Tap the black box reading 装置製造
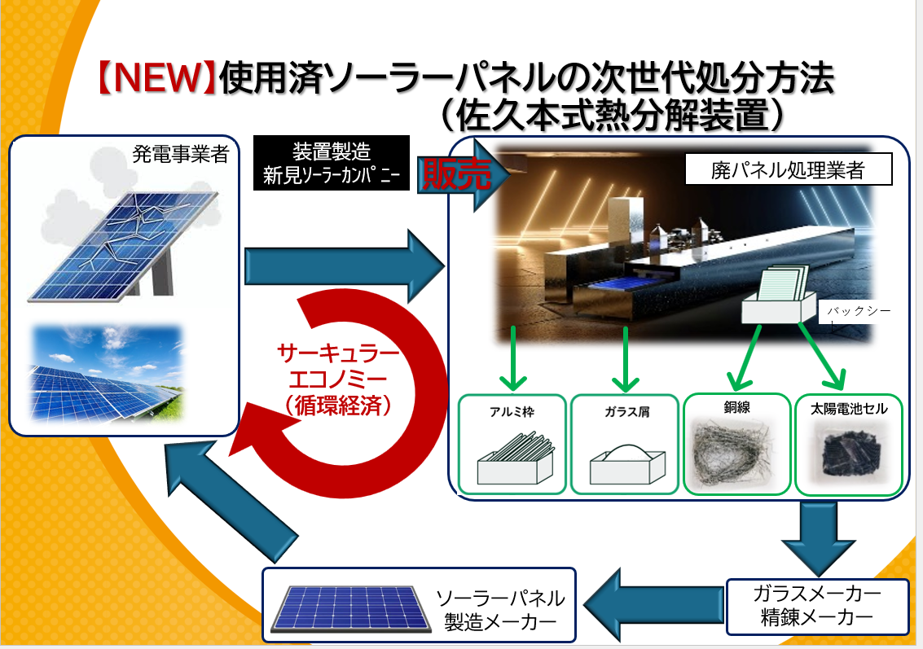[332, 163]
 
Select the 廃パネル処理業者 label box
[789, 169]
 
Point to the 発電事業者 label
[181, 155]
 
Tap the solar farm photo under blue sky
[108, 372]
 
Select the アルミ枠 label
[512, 412]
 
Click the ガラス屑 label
[627, 412]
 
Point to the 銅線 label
[737, 407]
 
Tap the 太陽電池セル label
[849, 408]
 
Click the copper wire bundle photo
[736, 453]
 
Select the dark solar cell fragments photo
[848, 453]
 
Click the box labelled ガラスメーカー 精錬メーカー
[818, 607]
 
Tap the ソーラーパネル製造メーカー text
[500, 610]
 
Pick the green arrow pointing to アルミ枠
[512, 358]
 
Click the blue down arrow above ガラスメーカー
[818, 538]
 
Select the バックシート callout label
[855, 312]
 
